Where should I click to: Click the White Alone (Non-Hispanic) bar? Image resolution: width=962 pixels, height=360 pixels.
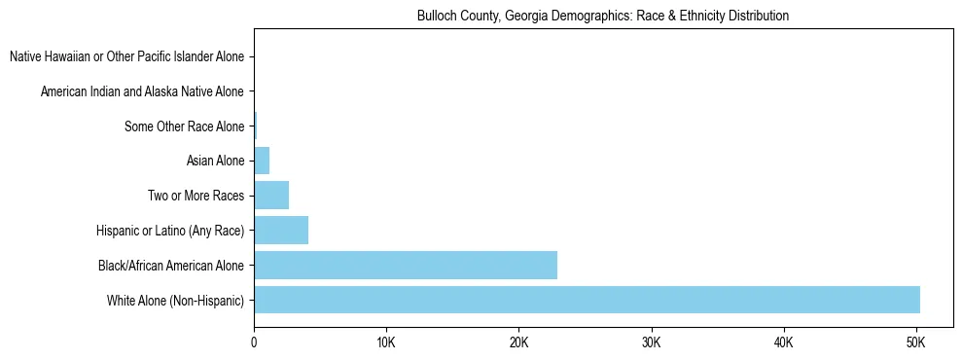click(x=587, y=300)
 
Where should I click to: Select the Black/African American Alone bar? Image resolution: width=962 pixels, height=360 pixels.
click(x=406, y=265)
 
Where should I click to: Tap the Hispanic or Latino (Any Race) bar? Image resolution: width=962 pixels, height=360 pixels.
click(x=281, y=231)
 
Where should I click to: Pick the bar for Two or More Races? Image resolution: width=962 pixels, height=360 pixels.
click(x=271, y=196)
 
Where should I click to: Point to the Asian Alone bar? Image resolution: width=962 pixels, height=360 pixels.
click(x=262, y=161)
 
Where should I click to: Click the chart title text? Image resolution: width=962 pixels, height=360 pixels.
click(x=603, y=17)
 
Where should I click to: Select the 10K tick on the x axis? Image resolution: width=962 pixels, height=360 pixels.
click(x=386, y=342)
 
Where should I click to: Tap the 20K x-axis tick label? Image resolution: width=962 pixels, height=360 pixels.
click(x=518, y=342)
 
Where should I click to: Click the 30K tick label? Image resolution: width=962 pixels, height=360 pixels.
click(x=651, y=342)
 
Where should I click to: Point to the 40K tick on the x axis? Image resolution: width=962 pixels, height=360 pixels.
click(x=783, y=342)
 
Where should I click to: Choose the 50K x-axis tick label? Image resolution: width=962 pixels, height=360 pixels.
click(x=915, y=342)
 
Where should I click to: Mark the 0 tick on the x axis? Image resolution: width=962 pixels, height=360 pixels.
click(x=254, y=342)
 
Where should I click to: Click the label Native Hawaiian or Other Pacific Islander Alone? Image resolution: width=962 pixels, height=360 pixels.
click(x=126, y=56)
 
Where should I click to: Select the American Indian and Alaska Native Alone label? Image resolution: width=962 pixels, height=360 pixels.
click(x=142, y=91)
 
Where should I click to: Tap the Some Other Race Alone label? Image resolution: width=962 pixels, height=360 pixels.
click(x=185, y=126)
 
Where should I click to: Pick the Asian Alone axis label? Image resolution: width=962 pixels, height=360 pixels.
click(x=215, y=161)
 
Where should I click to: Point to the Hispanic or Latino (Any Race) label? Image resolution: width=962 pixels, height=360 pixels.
click(x=170, y=231)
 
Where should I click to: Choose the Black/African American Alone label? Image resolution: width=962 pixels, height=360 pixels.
click(x=171, y=265)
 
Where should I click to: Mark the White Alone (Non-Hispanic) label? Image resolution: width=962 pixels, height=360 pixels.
click(x=176, y=300)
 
